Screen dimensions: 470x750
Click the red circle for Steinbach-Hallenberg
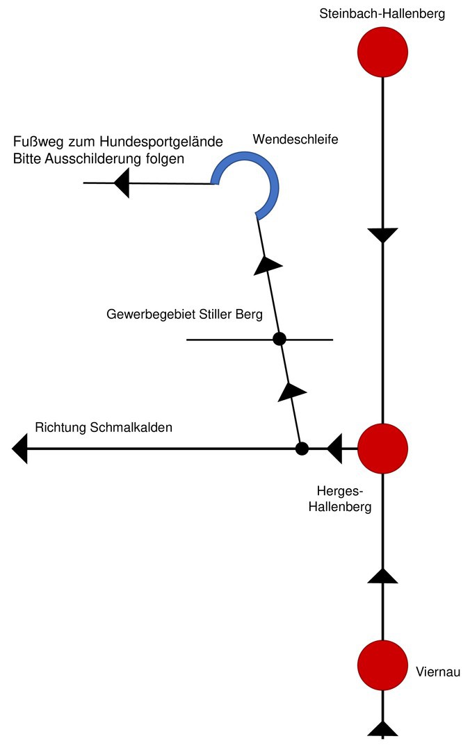[382, 52]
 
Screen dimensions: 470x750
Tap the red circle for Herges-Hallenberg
[382, 449]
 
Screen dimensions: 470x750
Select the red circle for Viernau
[382, 665]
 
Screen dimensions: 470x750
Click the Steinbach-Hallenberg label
[382, 13]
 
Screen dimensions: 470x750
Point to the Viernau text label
[438, 672]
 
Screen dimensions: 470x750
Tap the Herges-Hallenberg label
[340, 499]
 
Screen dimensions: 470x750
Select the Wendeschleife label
[295, 139]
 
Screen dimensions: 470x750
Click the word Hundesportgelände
[161, 142]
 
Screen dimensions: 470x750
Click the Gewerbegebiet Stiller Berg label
[184, 315]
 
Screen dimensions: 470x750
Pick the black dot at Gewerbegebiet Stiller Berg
[279, 339]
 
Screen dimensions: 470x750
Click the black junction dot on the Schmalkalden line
[302, 449]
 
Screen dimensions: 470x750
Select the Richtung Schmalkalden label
[104, 427]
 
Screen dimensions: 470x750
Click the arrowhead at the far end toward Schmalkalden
[19, 449]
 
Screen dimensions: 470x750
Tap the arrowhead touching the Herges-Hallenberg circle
[335, 449]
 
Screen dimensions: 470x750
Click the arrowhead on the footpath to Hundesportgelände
[122, 183]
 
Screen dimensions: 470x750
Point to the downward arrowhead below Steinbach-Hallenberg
[382, 236]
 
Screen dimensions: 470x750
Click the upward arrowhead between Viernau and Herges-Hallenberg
[382, 576]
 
